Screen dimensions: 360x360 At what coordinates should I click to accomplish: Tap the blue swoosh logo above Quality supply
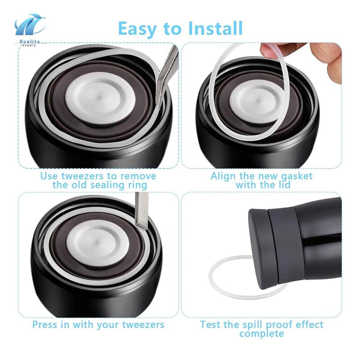point(30,25)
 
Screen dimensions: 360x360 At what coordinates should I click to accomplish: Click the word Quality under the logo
point(30,41)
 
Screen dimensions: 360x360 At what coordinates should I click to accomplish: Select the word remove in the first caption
point(139,176)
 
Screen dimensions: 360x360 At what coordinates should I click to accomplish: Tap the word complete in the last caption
point(262,334)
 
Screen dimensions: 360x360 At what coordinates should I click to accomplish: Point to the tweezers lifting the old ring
point(167,73)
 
